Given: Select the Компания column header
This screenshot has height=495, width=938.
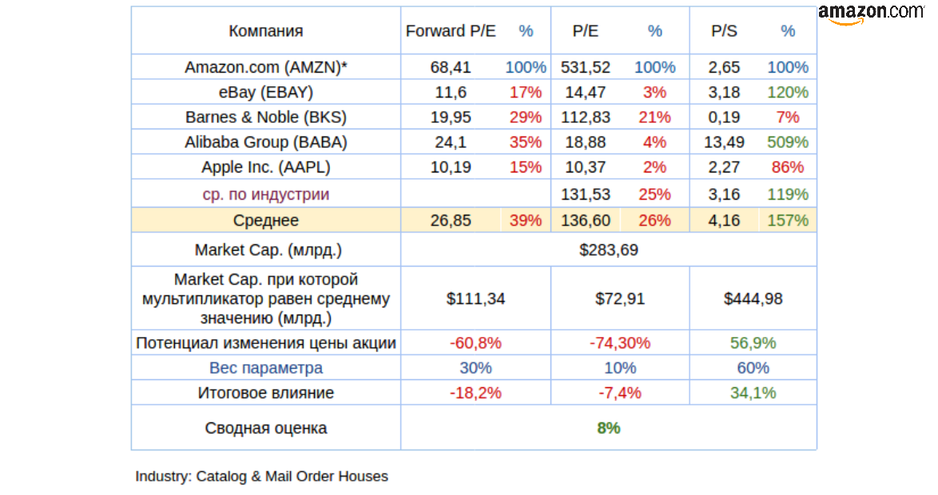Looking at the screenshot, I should [x=266, y=31].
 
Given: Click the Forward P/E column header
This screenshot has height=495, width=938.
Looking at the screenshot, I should [x=451, y=31].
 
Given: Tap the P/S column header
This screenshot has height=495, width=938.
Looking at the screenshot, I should [x=724, y=31].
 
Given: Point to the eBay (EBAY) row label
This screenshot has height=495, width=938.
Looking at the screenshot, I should [x=266, y=92].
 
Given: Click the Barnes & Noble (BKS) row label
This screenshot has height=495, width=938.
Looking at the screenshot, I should [x=266, y=117].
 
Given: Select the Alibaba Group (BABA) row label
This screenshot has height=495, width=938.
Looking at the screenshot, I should [x=266, y=142].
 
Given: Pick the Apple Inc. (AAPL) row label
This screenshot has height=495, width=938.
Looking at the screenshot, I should [x=266, y=167].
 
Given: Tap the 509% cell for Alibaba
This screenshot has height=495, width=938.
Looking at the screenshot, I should [x=787, y=142].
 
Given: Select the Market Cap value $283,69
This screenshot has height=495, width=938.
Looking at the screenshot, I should [x=608, y=250].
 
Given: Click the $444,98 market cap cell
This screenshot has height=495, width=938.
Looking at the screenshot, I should [x=753, y=299].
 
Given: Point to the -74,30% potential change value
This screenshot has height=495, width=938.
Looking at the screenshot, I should [x=619, y=343].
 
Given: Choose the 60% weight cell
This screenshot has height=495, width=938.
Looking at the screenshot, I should [x=753, y=368].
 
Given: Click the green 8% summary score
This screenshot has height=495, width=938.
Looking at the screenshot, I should [x=608, y=428].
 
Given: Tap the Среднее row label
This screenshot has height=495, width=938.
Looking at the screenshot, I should [x=266, y=220].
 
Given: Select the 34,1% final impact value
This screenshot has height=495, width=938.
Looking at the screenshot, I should [x=753, y=393].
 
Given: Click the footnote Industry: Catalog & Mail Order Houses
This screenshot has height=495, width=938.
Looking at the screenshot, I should [x=261, y=477].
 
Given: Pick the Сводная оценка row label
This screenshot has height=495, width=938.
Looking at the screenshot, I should [x=266, y=428].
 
